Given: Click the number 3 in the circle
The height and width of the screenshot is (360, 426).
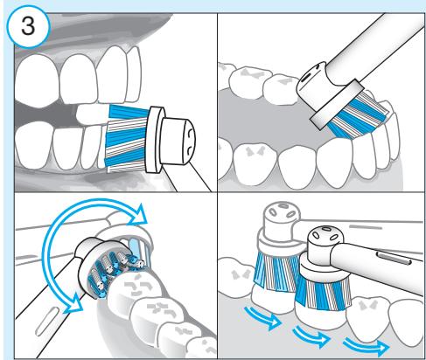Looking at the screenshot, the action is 28,26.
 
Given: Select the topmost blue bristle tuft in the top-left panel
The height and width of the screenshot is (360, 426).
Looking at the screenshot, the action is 129,112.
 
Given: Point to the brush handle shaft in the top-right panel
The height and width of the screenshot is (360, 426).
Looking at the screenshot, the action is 376,50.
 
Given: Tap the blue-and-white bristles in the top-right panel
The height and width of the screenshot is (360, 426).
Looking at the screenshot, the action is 357,115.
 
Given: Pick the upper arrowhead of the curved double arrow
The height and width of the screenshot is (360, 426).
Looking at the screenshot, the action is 137,215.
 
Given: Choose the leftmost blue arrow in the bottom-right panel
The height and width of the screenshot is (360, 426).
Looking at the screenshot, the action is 263,317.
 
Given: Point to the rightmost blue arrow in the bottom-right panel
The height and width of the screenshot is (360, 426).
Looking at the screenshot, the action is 367,346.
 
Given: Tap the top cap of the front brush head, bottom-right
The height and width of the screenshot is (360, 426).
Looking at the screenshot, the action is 326,237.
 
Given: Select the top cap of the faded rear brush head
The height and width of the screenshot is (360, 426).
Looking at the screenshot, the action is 282,214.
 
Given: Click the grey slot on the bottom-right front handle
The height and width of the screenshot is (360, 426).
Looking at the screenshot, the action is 394,259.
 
